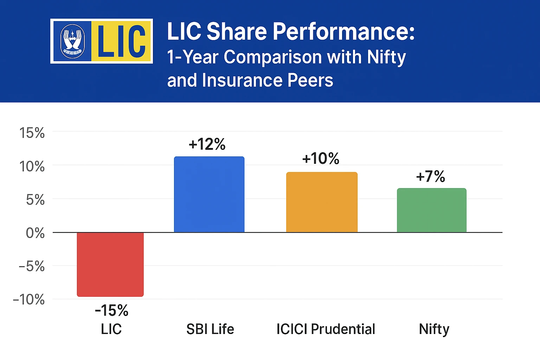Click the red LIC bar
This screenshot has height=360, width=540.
[x=110, y=264]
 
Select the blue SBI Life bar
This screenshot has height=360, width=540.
[x=209, y=194]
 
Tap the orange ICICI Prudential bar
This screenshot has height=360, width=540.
[x=322, y=202]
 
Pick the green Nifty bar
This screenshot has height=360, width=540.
[x=432, y=210]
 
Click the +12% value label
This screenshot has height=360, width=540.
[x=207, y=144]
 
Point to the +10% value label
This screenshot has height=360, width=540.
[x=321, y=159]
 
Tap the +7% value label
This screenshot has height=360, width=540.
[x=431, y=176]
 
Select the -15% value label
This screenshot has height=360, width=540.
[x=111, y=311]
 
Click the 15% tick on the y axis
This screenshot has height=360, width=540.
[x=32, y=133]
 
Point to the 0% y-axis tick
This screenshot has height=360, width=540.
[x=35, y=233]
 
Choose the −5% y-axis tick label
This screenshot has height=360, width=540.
[x=32, y=266]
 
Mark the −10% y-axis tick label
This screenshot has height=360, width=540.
[x=29, y=300]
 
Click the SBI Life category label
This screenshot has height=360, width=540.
[x=210, y=329]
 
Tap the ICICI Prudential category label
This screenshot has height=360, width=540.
[x=326, y=329]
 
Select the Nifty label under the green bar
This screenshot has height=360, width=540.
[x=434, y=329]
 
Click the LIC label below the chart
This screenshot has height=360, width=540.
[x=111, y=329]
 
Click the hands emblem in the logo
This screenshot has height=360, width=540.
[x=72, y=41]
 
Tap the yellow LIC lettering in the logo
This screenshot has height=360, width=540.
[x=121, y=41]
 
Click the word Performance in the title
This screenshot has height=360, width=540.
[x=343, y=32]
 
